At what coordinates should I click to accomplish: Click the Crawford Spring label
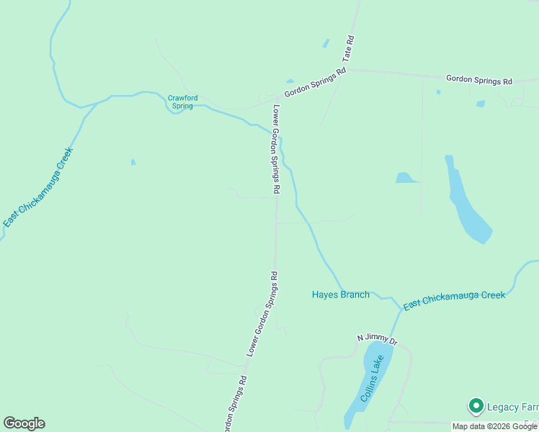[182, 102]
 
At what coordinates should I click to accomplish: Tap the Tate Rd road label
[349, 48]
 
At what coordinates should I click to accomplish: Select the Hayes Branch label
[340, 294]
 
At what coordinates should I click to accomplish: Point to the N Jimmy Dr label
[378, 338]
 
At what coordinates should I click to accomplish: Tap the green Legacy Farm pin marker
[476, 407]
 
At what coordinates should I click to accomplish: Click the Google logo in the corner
[24, 423]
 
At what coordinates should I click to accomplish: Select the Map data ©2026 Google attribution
[494, 426]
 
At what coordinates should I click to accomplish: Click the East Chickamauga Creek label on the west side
[38, 187]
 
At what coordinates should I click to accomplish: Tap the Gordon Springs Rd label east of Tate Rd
[478, 80]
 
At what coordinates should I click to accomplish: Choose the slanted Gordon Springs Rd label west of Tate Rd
[315, 82]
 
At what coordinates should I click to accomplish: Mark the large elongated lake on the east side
[466, 204]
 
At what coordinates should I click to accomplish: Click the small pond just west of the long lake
[406, 178]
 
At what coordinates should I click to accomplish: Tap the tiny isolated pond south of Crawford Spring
[133, 162]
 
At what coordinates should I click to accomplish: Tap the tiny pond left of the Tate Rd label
[326, 44]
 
